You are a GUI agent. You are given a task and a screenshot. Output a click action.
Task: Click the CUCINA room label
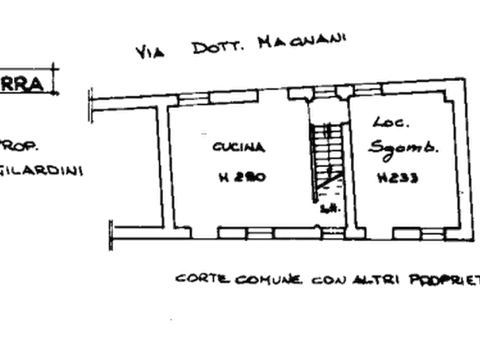(x=238, y=147)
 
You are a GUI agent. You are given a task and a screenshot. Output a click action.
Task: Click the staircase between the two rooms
(x=327, y=156)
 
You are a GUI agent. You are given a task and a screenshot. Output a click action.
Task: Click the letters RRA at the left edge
(x=23, y=85)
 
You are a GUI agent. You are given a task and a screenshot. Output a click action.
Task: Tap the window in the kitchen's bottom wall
(x=247, y=233)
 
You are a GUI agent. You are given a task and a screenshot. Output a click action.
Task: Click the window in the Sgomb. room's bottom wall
(x=406, y=233)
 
